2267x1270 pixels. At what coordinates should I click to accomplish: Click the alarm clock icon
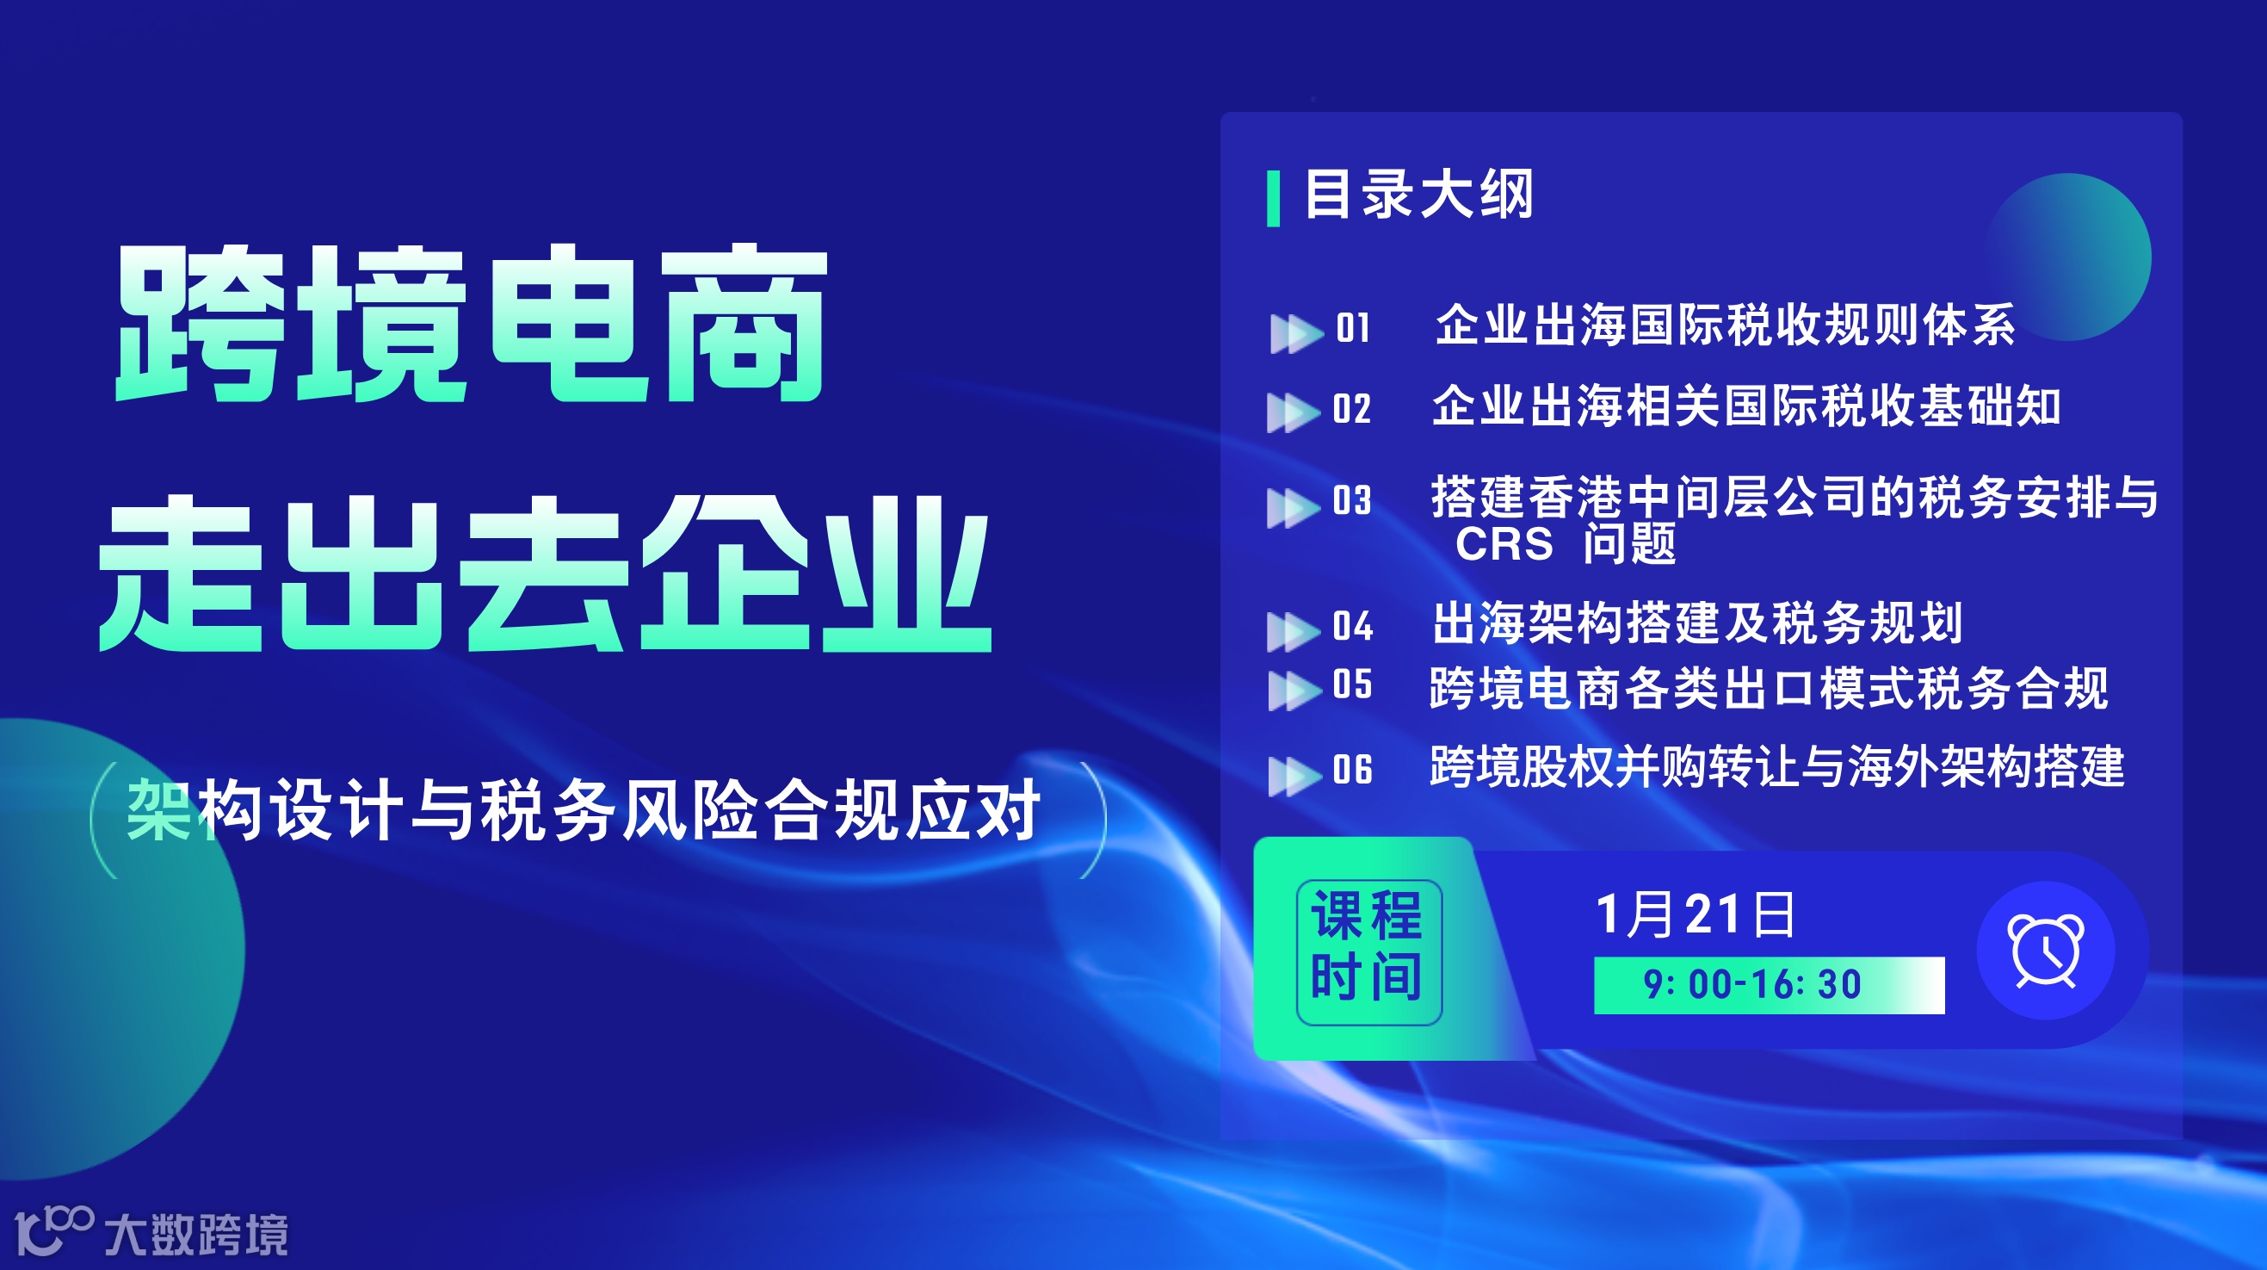[x=2045, y=951]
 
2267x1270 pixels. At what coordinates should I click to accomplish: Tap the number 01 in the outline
[x=1353, y=328]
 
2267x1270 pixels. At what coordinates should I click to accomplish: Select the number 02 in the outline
[x=1352, y=409]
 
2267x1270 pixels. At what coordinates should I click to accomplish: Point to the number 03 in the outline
[x=1352, y=501]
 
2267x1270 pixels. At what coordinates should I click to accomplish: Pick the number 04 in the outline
[x=1353, y=627]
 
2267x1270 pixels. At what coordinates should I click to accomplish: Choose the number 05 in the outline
[x=1353, y=685]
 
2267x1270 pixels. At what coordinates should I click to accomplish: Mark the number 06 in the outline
[x=1353, y=770]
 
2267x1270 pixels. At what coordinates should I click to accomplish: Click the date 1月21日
[x=1694, y=914]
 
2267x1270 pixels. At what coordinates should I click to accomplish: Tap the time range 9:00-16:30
[x=1752, y=985]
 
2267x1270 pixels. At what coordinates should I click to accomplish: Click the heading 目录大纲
[x=1418, y=195]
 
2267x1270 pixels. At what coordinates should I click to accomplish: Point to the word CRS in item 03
[x=1504, y=544]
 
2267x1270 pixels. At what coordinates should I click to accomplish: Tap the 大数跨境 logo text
[x=196, y=1235]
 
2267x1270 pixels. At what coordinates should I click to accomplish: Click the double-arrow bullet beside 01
[x=1295, y=333]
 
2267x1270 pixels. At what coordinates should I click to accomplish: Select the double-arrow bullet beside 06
[x=1294, y=776]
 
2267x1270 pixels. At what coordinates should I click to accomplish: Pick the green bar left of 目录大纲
[x=1273, y=199]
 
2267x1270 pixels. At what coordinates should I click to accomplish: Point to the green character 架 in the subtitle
[x=158, y=810]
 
